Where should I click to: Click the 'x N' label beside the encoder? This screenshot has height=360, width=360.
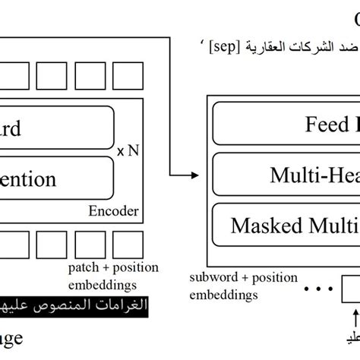point(129,151)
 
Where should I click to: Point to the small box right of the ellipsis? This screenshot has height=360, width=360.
point(350,289)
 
